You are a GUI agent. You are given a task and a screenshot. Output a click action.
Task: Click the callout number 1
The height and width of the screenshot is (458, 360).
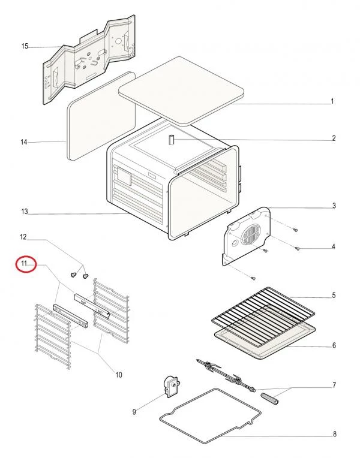point(332,101)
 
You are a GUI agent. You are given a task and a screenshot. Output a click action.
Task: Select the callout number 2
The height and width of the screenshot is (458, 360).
point(334,138)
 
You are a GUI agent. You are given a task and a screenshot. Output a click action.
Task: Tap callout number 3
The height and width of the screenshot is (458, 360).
point(334,206)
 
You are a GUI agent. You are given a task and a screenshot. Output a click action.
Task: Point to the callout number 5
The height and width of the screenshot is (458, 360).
point(334,295)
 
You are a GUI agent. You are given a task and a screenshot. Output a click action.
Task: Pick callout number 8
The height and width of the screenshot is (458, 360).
point(335,434)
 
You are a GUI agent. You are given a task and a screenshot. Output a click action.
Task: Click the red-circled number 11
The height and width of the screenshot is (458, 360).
point(24,264)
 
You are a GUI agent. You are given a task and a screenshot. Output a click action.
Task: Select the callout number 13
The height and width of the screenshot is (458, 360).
point(24,212)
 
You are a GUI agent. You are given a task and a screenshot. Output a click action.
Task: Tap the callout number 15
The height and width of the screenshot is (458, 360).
point(25,46)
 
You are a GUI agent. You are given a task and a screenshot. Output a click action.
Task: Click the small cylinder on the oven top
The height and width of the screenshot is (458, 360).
point(171,140)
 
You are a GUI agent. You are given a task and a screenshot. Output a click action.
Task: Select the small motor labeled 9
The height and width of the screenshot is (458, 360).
point(172,387)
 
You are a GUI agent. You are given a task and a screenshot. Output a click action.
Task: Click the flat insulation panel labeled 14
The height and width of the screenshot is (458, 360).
point(101,116)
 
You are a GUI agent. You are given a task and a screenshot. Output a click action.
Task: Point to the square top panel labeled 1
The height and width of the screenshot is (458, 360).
point(181,91)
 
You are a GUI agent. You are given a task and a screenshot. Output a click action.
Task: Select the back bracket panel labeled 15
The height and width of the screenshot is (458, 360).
point(89,60)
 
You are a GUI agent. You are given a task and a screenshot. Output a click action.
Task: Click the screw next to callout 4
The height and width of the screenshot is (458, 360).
point(297,249)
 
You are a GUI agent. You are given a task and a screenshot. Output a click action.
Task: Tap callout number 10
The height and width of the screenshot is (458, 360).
point(118,375)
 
